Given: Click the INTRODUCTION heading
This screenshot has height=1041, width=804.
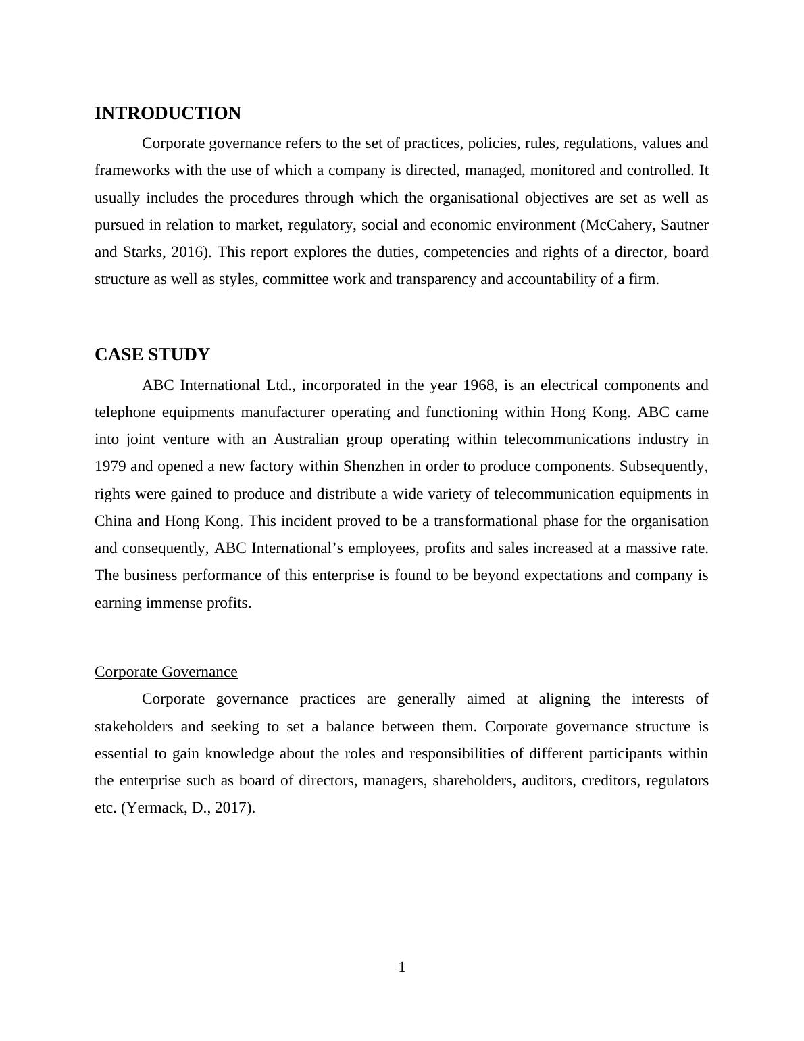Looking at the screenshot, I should pyautogui.click(x=168, y=114).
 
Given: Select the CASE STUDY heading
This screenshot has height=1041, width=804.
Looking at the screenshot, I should pyautogui.click(x=152, y=355).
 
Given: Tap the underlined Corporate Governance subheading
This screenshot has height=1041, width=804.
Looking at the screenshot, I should pyautogui.click(x=166, y=672).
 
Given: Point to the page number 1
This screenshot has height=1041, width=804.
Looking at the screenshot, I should pyautogui.click(x=402, y=968).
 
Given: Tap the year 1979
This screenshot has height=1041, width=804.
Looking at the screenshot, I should pyautogui.click(x=110, y=466).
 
